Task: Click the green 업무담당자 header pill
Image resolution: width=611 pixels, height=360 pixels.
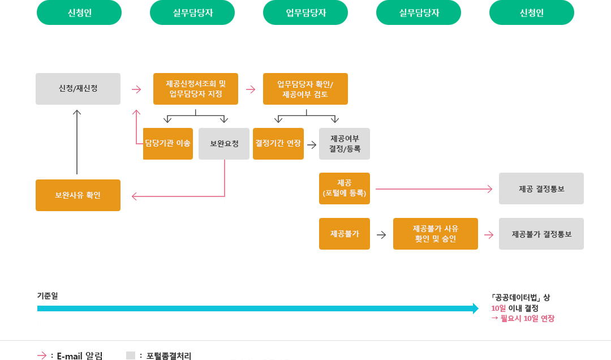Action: coord(305,12)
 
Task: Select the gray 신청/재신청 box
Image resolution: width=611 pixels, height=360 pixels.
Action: coord(78,89)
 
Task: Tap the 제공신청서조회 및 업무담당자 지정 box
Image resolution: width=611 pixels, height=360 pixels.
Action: coord(196,89)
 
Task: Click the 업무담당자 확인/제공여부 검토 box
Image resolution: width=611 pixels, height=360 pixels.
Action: coord(305,89)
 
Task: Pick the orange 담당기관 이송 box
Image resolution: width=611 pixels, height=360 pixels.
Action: coord(168,144)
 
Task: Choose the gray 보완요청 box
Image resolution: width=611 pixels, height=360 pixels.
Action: coord(224,144)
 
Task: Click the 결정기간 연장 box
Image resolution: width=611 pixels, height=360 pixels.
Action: coord(278,144)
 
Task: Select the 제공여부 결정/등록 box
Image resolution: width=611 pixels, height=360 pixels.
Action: coord(345,144)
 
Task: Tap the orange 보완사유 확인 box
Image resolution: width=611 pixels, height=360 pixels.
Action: coord(78,195)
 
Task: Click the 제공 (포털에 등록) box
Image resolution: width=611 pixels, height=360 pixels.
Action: coord(345,188)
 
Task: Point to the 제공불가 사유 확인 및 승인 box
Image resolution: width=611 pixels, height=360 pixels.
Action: coord(436,234)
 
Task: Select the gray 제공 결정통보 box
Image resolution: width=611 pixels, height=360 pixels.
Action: coord(541,188)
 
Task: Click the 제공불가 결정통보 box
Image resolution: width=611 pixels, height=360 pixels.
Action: coord(541,234)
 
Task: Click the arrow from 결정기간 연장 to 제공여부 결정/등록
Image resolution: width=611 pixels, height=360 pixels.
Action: coord(312,144)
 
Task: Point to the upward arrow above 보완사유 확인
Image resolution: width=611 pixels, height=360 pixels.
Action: coord(77,142)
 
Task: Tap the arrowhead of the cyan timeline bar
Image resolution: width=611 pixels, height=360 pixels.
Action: coord(476,308)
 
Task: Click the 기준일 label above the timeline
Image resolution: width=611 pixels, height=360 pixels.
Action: coord(48,295)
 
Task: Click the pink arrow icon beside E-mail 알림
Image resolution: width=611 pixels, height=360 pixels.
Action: coord(42,355)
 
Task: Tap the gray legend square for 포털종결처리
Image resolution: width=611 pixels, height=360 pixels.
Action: coord(131,355)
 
